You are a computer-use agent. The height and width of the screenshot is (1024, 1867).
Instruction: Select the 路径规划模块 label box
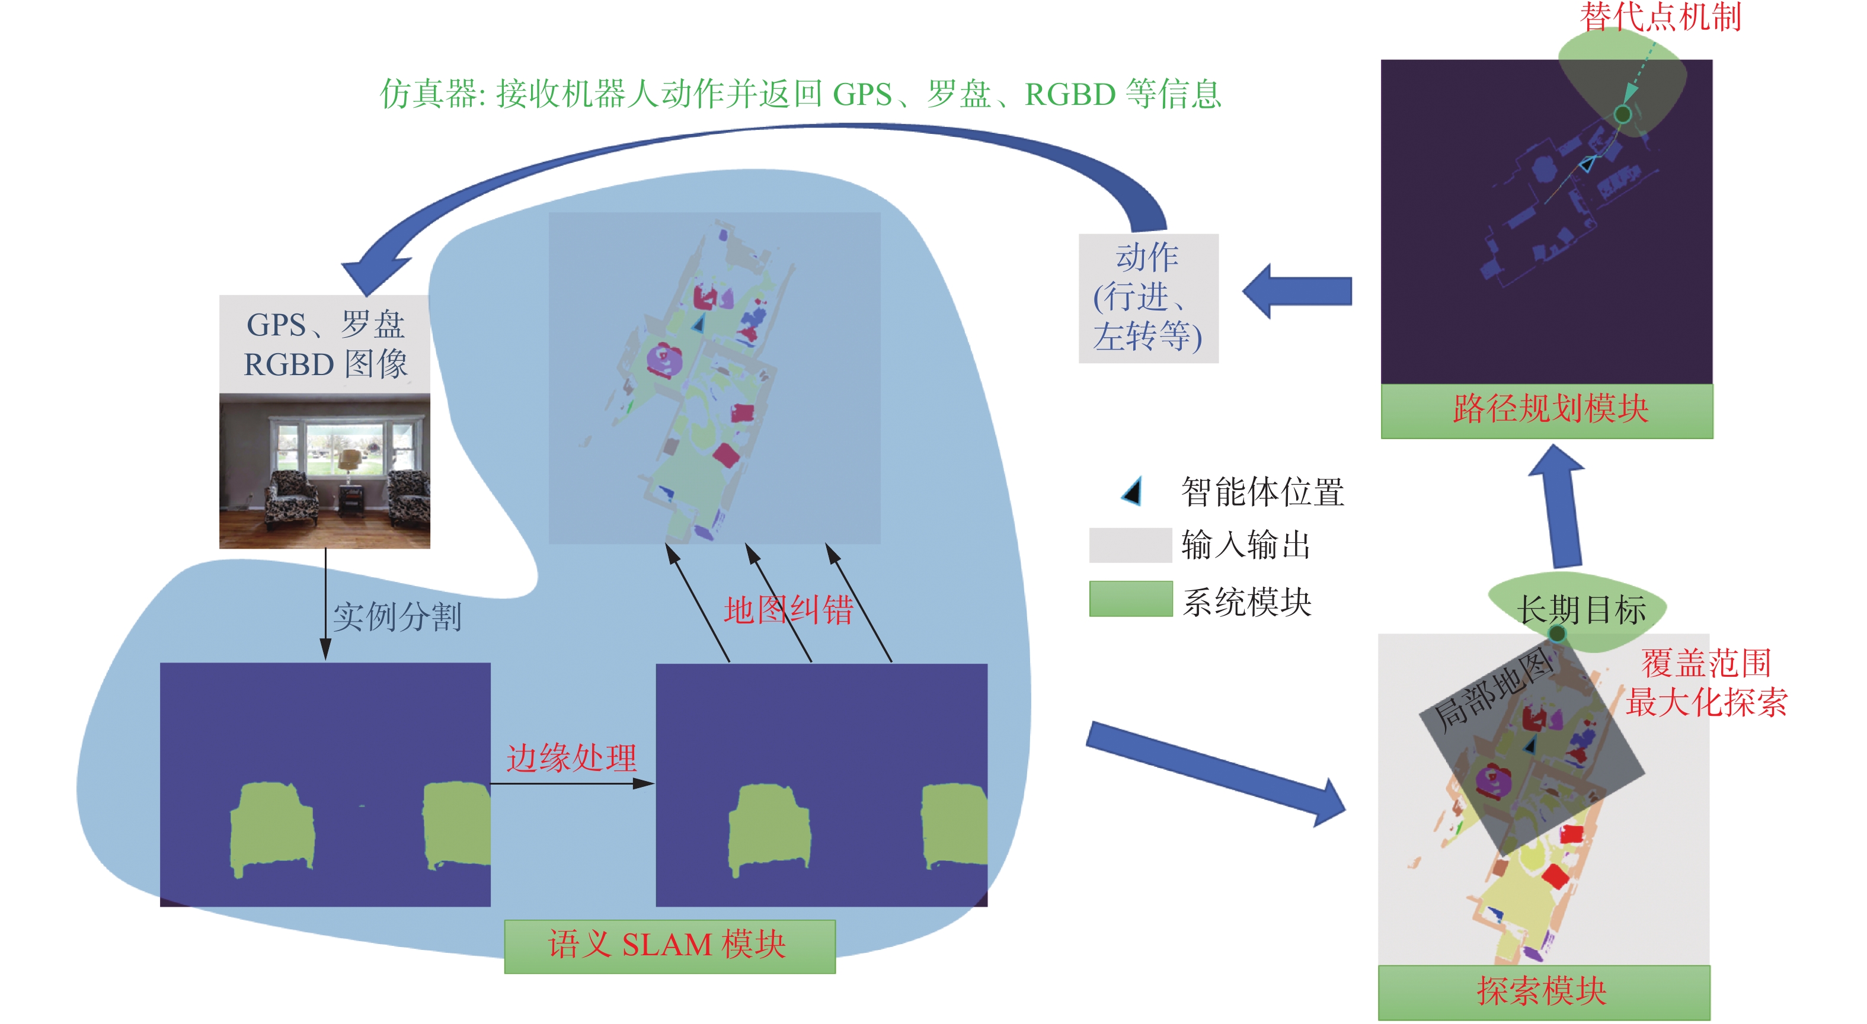[1547, 410]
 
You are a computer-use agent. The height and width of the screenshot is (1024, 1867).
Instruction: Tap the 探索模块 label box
[1543, 991]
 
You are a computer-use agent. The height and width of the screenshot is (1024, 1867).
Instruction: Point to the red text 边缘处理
[571, 758]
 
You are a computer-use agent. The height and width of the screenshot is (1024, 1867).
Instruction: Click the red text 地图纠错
[788, 609]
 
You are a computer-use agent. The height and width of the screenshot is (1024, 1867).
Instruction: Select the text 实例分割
[397, 617]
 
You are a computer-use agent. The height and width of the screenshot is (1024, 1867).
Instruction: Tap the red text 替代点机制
[1660, 17]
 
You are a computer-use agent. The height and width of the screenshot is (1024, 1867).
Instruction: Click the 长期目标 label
[1581, 609]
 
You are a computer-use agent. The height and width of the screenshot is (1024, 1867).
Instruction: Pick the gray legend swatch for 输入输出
[1130, 545]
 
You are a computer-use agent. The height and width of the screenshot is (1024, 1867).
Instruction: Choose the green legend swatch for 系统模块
[1130, 599]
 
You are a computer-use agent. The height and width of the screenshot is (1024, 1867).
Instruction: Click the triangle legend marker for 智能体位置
[1133, 491]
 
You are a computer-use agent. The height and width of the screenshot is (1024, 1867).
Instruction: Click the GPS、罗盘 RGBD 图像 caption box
[325, 344]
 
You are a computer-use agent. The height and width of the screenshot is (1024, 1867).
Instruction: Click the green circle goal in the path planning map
[1623, 114]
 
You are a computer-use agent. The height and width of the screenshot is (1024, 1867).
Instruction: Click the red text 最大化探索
[1706, 702]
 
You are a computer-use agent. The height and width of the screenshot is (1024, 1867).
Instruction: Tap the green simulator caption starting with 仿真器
[800, 94]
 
